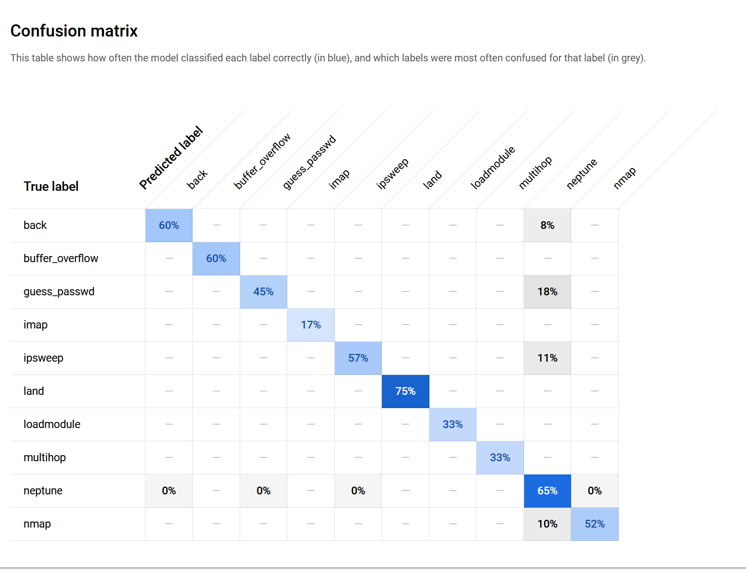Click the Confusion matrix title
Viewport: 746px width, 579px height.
74,31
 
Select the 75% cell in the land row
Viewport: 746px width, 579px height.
405,391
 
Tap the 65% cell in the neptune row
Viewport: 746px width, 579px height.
547,491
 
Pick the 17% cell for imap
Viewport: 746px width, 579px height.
310,325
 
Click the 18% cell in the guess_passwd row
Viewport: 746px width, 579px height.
547,291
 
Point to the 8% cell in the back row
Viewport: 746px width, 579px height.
547,225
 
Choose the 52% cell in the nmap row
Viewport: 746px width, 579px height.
594,524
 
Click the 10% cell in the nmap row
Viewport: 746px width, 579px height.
547,524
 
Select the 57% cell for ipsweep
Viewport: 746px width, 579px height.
358,358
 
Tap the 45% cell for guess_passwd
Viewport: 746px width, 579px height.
263,291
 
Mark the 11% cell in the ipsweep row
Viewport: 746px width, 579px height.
547,358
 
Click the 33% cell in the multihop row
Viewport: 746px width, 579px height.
500,457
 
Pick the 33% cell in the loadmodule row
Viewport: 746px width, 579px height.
452,424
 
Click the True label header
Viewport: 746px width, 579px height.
51,186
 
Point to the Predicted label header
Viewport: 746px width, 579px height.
171,158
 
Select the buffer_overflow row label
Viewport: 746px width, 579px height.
61,258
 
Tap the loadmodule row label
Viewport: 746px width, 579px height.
52,424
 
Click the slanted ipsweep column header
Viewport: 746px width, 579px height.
392,174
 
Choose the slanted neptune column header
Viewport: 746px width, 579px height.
582,174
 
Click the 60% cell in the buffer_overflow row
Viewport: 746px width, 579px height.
216,258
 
